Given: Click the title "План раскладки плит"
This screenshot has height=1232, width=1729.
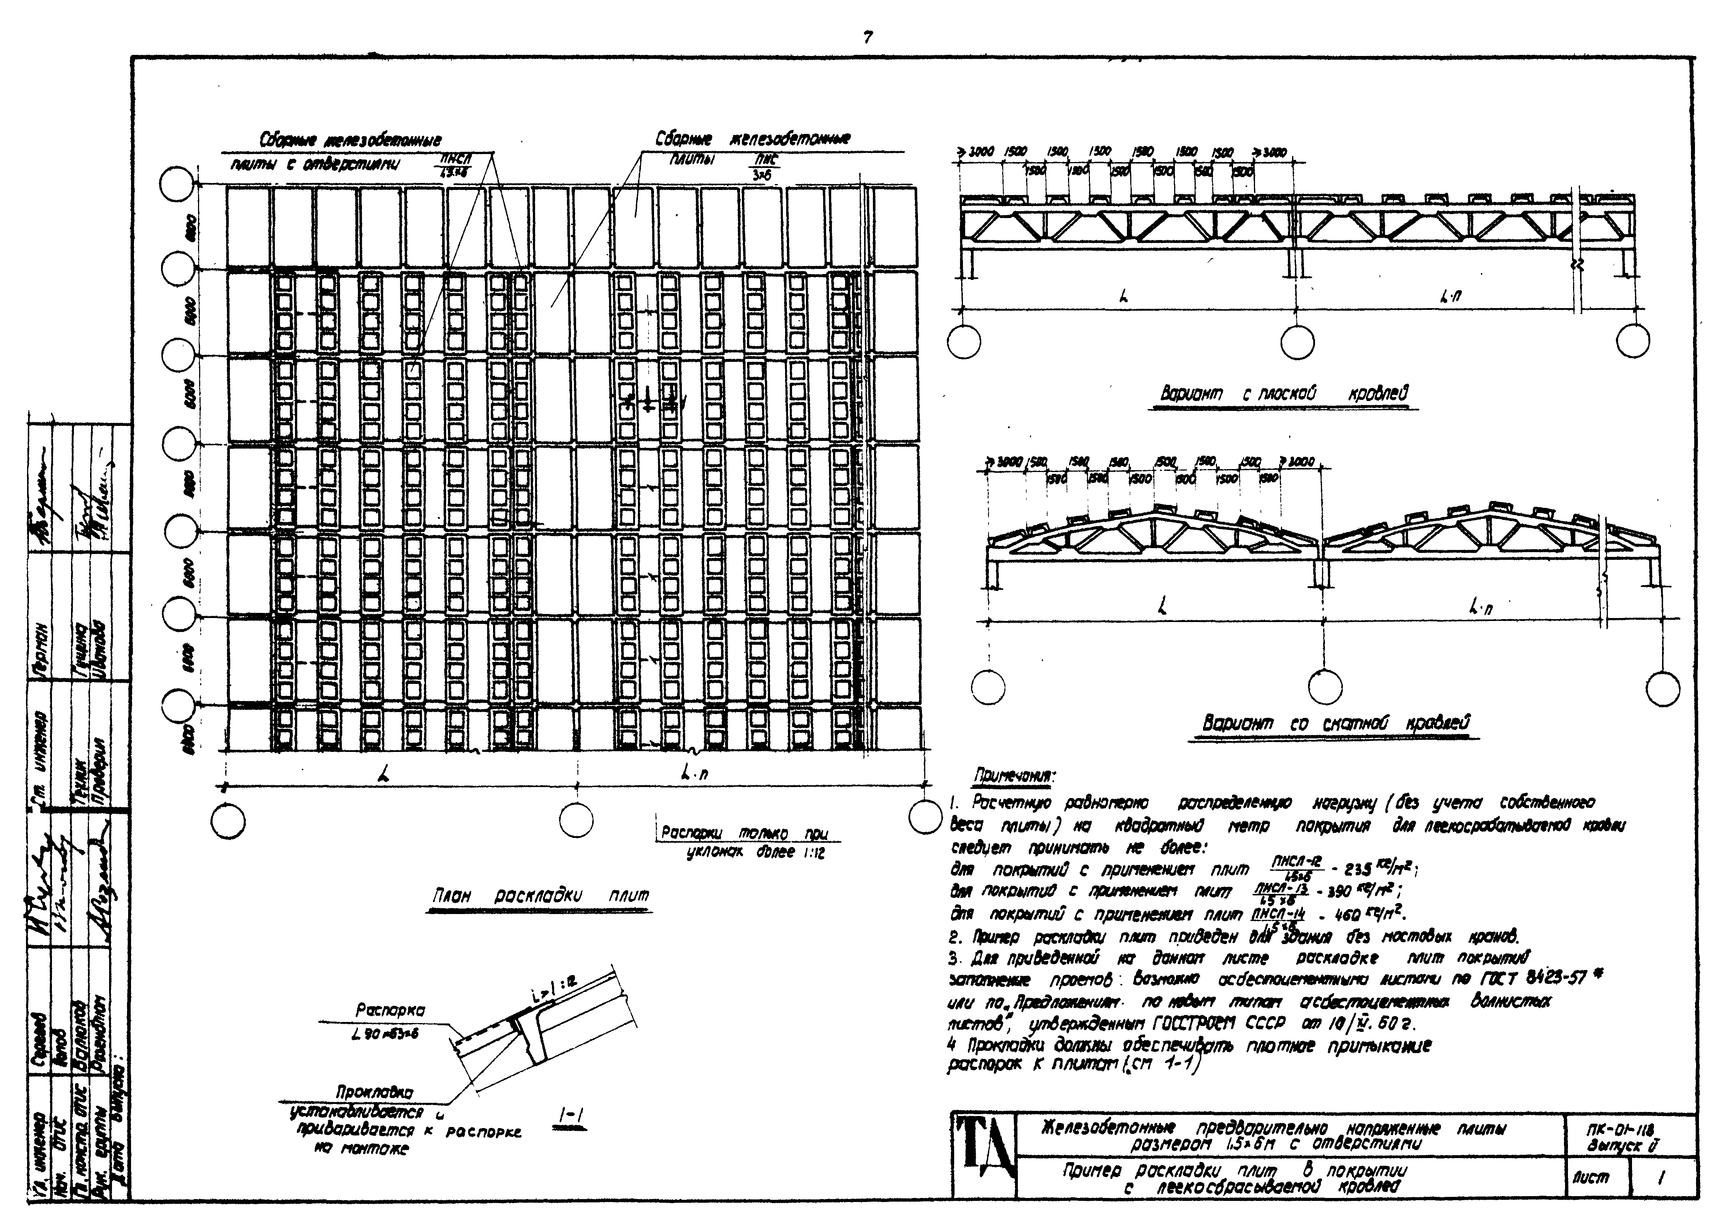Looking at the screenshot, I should pyautogui.click(x=540, y=896).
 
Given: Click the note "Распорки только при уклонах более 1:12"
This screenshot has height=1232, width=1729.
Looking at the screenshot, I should pyautogui.click(x=743, y=842).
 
